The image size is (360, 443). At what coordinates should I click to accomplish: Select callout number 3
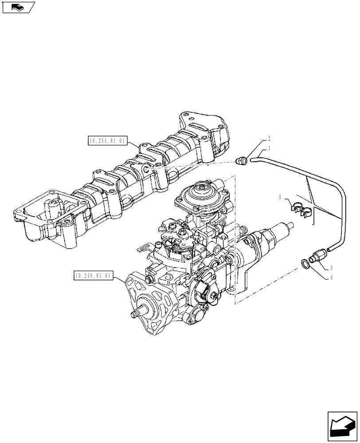click(331, 268)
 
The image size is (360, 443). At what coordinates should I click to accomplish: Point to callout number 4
click(331, 278)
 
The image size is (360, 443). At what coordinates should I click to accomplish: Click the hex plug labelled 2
click(242, 161)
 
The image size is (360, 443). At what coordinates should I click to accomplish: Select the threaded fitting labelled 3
click(318, 257)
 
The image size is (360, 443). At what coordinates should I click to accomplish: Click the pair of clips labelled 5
click(301, 209)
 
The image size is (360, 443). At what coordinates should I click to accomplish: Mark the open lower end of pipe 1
click(329, 251)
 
